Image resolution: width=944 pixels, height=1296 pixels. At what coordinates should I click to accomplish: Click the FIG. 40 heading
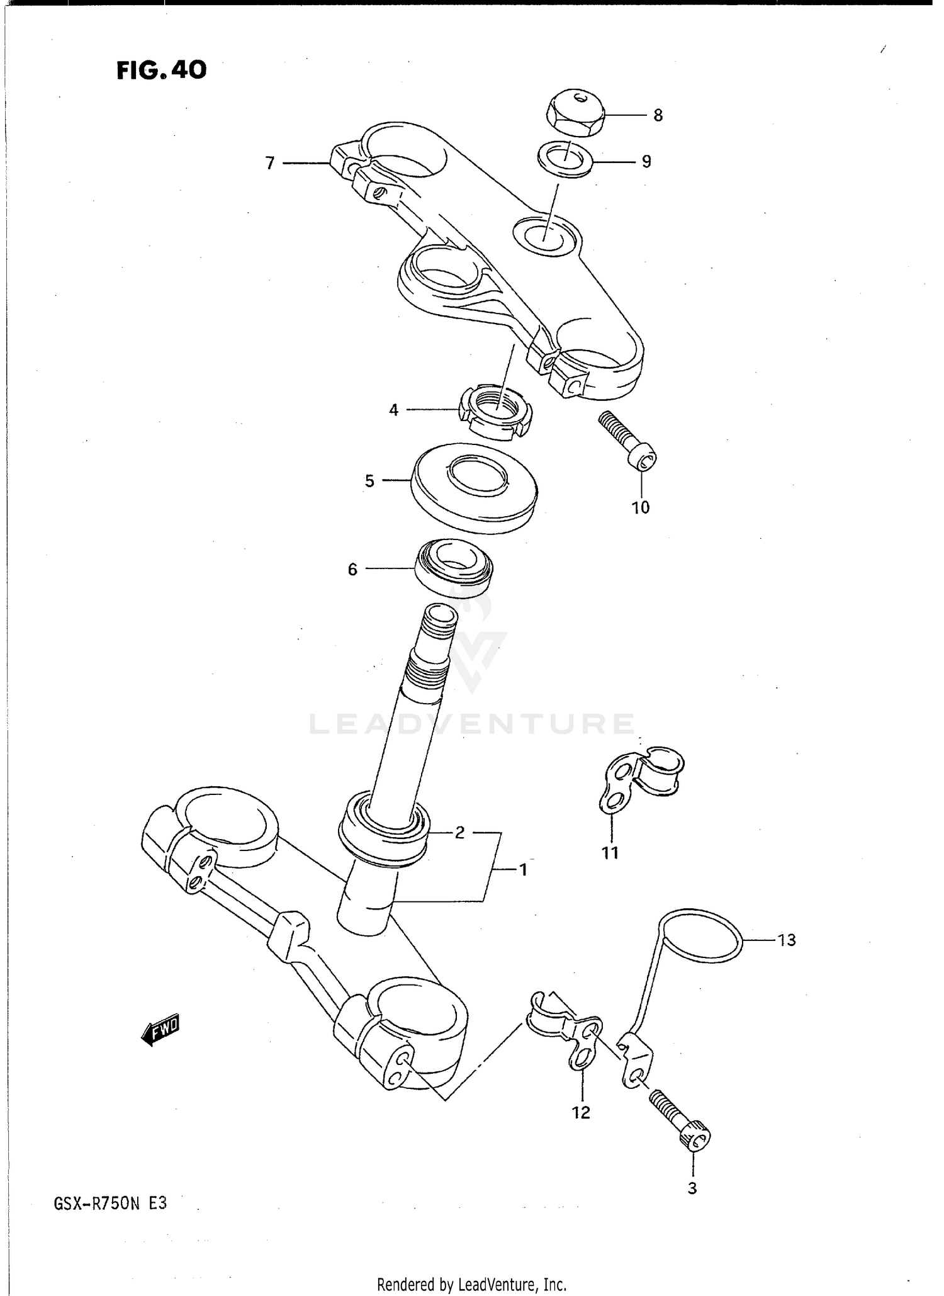coord(161,70)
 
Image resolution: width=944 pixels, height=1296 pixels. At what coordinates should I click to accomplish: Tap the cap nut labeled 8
coord(574,111)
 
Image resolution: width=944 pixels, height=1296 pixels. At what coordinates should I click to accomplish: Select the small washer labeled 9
coord(565,159)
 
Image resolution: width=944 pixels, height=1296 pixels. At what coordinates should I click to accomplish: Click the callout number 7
coord(270,163)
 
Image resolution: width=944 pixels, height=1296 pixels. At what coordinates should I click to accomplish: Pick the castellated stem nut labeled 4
coord(497,414)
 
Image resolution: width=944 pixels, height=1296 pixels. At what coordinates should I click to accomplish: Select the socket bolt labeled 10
coord(626,441)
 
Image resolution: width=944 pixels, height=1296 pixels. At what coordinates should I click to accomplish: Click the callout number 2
coord(459,832)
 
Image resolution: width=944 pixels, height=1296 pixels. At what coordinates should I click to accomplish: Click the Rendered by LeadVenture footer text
coord(471,1284)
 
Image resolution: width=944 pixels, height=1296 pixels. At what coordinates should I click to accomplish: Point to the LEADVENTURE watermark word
coord(472,724)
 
